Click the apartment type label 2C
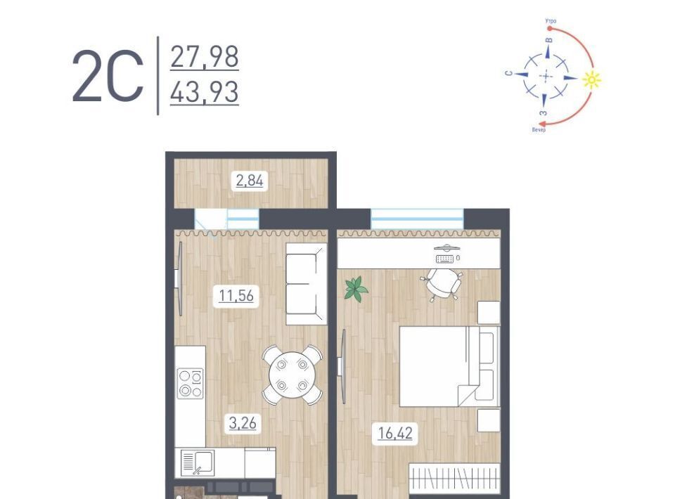pyautogui.click(x=108, y=77)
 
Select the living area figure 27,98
pyautogui.click(x=205, y=57)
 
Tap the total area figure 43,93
pyautogui.click(x=205, y=92)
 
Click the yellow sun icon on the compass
pyautogui.click(x=591, y=79)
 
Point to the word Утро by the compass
pyautogui.click(x=551, y=21)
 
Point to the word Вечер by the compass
pyautogui.click(x=539, y=129)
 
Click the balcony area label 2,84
pyautogui.click(x=250, y=180)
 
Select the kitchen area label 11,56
pyautogui.click(x=236, y=295)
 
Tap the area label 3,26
pyautogui.click(x=243, y=423)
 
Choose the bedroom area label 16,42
pyautogui.click(x=395, y=433)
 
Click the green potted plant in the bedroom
pyautogui.click(x=356, y=289)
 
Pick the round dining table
pyautogui.click(x=292, y=375)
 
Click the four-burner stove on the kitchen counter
pyautogui.click(x=191, y=383)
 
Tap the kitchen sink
pyautogui.click(x=197, y=462)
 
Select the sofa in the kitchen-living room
pyautogui.click(x=307, y=284)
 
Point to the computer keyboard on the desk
pyautogui.click(x=444, y=259)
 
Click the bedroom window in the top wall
pyautogui.click(x=417, y=219)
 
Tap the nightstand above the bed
pyautogui.click(x=489, y=312)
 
